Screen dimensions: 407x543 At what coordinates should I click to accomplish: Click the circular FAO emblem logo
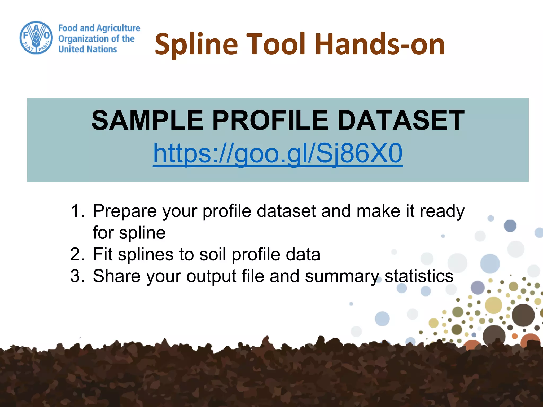[36, 38]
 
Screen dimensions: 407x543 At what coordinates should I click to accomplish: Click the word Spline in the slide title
[196, 45]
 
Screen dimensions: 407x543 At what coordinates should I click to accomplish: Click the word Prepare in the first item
[125, 211]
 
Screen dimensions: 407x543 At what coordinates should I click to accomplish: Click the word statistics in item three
[419, 276]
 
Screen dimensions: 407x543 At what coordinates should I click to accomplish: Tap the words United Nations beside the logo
[87, 49]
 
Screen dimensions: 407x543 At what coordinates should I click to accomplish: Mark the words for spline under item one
[129, 233]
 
